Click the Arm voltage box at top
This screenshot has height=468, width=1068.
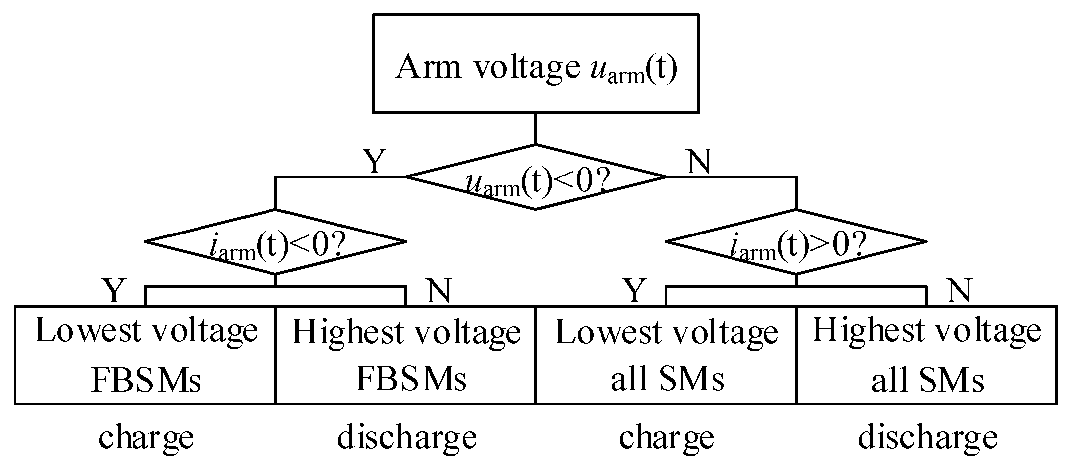click(x=535, y=63)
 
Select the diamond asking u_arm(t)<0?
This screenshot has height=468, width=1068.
click(x=535, y=177)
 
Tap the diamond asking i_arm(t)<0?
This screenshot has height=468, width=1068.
click(x=275, y=242)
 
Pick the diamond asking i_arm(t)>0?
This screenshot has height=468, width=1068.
click(x=796, y=242)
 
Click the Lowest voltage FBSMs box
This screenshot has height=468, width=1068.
click(x=145, y=355)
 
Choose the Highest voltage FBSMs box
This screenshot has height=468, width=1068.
click(x=405, y=355)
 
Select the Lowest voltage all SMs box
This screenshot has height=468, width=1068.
click(x=666, y=355)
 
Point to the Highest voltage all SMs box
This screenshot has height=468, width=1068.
click(x=926, y=355)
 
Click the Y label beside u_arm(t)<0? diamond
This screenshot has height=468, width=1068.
click(x=375, y=161)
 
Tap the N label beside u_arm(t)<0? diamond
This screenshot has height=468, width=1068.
click(x=698, y=161)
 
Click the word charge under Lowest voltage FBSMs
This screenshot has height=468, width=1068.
click(x=145, y=437)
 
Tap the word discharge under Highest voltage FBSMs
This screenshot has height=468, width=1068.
click(x=406, y=437)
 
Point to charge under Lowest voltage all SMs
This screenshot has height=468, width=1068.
click(x=666, y=437)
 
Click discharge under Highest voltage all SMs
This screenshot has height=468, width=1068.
click(x=927, y=437)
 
